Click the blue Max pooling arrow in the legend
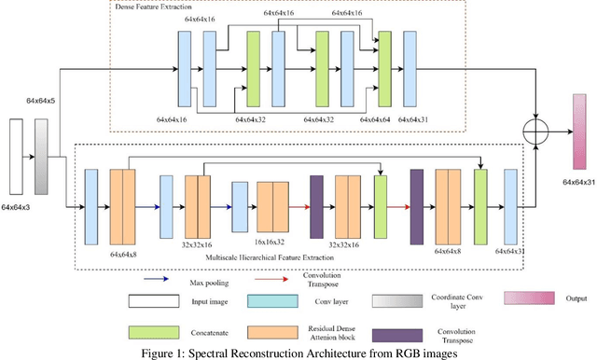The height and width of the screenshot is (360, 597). (160, 278)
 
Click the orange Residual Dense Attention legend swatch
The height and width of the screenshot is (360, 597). (275, 333)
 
